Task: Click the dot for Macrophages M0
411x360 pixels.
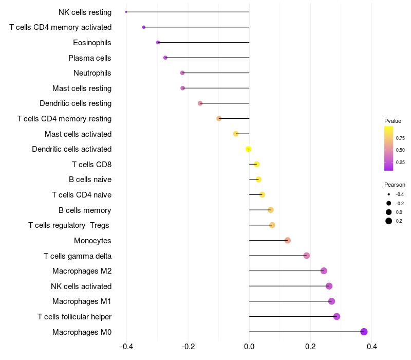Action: click(364, 332)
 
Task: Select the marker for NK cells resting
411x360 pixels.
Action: click(126, 12)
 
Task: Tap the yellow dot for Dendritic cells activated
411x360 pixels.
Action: click(249, 149)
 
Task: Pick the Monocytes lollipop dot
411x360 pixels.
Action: click(288, 241)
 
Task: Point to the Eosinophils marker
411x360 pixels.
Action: click(158, 42)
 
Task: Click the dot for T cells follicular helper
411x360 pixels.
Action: click(337, 316)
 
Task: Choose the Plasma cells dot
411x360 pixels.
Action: click(165, 58)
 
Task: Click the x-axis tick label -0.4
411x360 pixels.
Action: click(127, 347)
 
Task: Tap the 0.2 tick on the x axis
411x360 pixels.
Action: click(310, 347)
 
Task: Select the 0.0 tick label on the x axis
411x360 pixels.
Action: click(249, 347)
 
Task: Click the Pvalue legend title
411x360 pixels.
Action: click(393, 121)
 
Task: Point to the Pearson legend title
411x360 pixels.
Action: click(395, 185)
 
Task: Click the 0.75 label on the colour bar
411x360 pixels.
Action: click(400, 138)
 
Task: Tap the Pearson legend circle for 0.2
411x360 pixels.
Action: click(389, 221)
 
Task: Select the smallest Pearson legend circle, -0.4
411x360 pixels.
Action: click(389, 194)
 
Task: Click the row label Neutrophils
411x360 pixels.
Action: click(92, 73)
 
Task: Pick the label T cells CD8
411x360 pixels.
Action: click(91, 165)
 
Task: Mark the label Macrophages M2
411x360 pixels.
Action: click(82, 271)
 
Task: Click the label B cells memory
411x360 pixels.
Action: click(85, 210)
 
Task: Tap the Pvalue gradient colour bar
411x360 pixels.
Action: click(389, 148)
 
